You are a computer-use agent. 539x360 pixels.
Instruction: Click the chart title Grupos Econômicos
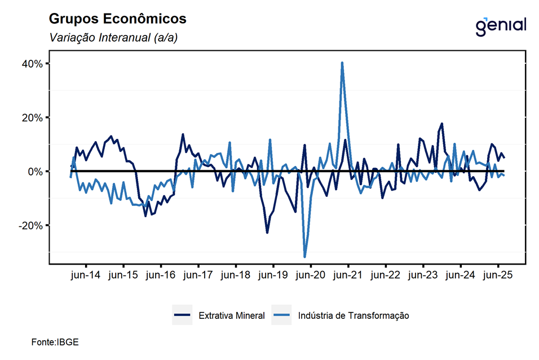pos(117,19)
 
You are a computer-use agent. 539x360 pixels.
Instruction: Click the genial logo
pos(501,25)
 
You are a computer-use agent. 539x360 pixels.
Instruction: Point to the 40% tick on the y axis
pos(33,64)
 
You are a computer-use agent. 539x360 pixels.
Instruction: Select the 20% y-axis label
pos(33,117)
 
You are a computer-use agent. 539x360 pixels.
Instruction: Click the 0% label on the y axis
pos(35,171)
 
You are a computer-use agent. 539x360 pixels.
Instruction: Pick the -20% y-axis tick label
pos(32,225)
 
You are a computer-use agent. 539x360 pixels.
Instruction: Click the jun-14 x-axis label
pos(86,275)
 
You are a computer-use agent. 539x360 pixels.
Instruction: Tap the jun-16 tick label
pos(161,275)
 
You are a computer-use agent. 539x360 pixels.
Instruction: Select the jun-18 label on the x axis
pos(236,275)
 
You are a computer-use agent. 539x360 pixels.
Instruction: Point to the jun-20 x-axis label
pos(311,275)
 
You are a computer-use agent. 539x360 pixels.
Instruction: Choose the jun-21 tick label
pos(348,275)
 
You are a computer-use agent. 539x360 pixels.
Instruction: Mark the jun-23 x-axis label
pos(423,275)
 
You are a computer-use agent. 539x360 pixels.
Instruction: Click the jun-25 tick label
pos(498,275)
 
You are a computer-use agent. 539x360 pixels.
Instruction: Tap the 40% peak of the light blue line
pos(342,63)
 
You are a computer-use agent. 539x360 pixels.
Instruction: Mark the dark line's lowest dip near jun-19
pos(267,232)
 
